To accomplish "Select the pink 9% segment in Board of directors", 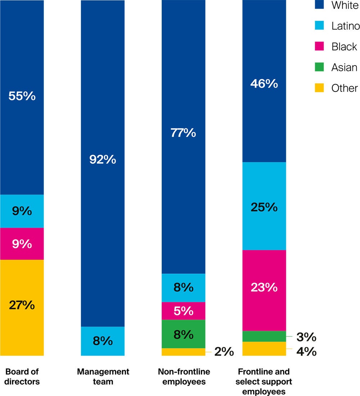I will (22, 244).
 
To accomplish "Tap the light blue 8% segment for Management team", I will (103, 341).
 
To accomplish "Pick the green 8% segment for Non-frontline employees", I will (183, 334).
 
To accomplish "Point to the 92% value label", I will (103, 159).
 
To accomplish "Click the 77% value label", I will (183, 133).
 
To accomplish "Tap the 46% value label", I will (264, 84).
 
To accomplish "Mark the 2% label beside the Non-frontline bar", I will (224, 352).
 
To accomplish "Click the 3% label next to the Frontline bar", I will (306, 337).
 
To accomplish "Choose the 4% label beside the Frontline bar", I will (306, 351).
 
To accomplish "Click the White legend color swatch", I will (319, 5).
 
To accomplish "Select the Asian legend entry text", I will (344, 67).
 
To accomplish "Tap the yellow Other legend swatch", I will (319, 88).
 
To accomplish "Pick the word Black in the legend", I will (344, 46).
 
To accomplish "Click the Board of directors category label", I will (22, 377).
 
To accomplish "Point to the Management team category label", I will (103, 377).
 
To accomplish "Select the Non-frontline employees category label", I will (183, 377).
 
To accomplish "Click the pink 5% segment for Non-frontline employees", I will (183, 311).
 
